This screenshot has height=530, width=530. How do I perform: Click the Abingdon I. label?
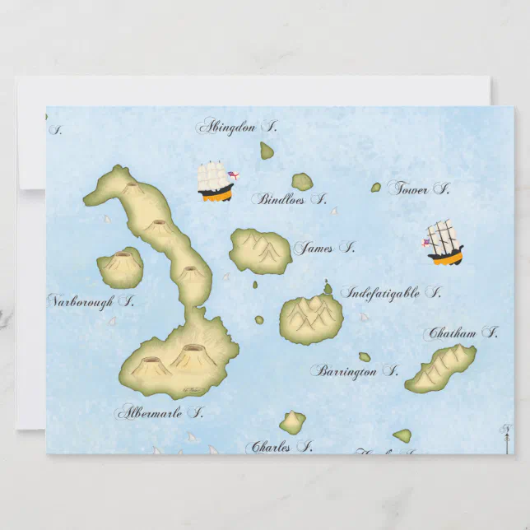pos(236,127)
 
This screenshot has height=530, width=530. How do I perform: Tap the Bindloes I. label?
pos(290,198)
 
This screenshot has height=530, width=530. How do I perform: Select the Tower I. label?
pos(419,188)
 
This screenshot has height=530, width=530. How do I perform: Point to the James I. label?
pos(324,247)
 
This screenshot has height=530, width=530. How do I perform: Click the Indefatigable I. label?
pos(391,292)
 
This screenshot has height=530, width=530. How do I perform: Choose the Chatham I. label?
pos(461,333)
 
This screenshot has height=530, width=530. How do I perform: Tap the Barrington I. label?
pos(354,371)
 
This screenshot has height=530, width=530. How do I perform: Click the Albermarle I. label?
pos(160,411)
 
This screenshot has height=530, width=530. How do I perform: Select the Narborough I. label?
pos(91,301)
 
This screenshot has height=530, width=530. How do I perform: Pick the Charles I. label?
pos(279,448)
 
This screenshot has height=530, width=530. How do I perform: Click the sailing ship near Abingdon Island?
pos(216,182)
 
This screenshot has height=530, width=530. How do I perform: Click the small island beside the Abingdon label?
pos(267,151)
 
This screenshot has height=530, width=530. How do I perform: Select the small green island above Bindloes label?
pos(302,181)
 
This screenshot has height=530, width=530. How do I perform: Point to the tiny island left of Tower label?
pos(376,188)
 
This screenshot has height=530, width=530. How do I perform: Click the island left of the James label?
pos(260,250)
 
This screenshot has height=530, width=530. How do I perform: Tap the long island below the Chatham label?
pos(441,369)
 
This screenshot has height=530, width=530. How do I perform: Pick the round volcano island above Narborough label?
pos(120,267)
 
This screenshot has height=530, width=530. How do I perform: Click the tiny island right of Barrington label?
pos(364,357)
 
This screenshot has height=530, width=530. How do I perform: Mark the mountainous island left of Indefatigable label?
pos(311,316)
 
